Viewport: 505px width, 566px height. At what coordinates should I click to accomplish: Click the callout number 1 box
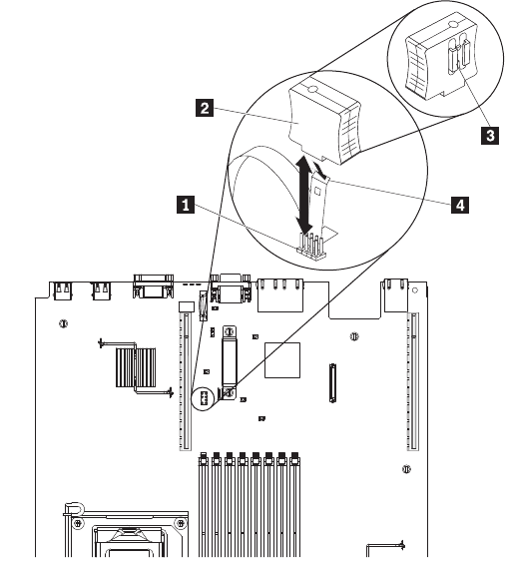click(186, 205)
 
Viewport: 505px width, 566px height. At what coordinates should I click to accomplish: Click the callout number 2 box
click(205, 108)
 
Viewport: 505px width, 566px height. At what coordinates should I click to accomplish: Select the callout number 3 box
click(490, 136)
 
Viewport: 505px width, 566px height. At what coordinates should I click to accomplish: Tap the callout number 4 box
click(460, 205)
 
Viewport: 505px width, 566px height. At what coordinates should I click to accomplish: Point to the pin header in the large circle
click(311, 248)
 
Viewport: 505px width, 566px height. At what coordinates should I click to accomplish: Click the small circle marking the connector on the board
click(204, 399)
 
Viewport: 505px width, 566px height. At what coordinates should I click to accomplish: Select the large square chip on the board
click(282, 360)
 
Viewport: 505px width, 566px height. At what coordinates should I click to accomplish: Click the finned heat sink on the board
click(136, 367)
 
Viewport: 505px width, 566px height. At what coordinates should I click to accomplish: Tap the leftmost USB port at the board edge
click(63, 290)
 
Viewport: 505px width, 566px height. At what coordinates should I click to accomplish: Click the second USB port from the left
click(102, 290)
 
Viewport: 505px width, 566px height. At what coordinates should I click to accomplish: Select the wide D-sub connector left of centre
click(153, 286)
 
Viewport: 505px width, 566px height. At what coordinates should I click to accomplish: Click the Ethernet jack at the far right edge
click(396, 295)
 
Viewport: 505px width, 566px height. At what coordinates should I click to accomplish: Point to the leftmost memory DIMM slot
click(204, 505)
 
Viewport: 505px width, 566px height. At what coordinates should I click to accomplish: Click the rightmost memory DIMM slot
click(294, 505)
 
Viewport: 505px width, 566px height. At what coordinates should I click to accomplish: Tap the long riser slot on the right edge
click(413, 381)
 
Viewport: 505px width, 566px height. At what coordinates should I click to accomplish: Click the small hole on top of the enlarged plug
click(312, 89)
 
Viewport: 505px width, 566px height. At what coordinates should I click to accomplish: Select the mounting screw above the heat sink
click(64, 323)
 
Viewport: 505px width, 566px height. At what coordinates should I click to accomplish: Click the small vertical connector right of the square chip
click(332, 383)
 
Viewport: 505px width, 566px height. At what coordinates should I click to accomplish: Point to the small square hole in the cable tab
click(317, 191)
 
